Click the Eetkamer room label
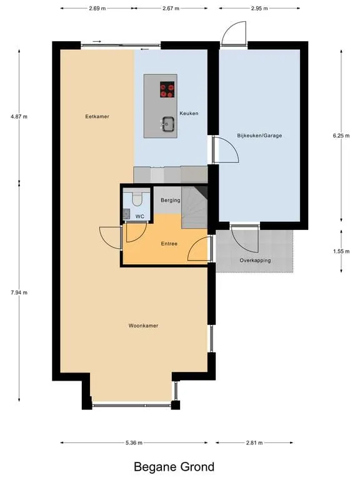tap(97, 117)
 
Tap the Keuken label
tap(189, 113)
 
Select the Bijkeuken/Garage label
tap(259, 135)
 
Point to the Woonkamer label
tap(143, 326)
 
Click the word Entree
tap(169, 244)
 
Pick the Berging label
tap(171, 200)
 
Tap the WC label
tap(140, 216)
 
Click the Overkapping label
tap(255, 261)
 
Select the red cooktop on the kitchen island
tap(167, 89)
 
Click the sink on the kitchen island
tap(168, 124)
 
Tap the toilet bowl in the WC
tap(137, 199)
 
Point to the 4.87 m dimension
tap(19, 117)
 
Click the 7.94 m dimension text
tap(19, 292)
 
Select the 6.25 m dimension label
tap(341, 135)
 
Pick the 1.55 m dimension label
tap(341, 251)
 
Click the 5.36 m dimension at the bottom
tap(134, 442)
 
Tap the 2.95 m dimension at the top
tap(259, 9)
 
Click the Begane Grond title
tap(174, 467)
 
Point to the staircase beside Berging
tap(195, 207)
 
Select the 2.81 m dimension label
tap(254, 442)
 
